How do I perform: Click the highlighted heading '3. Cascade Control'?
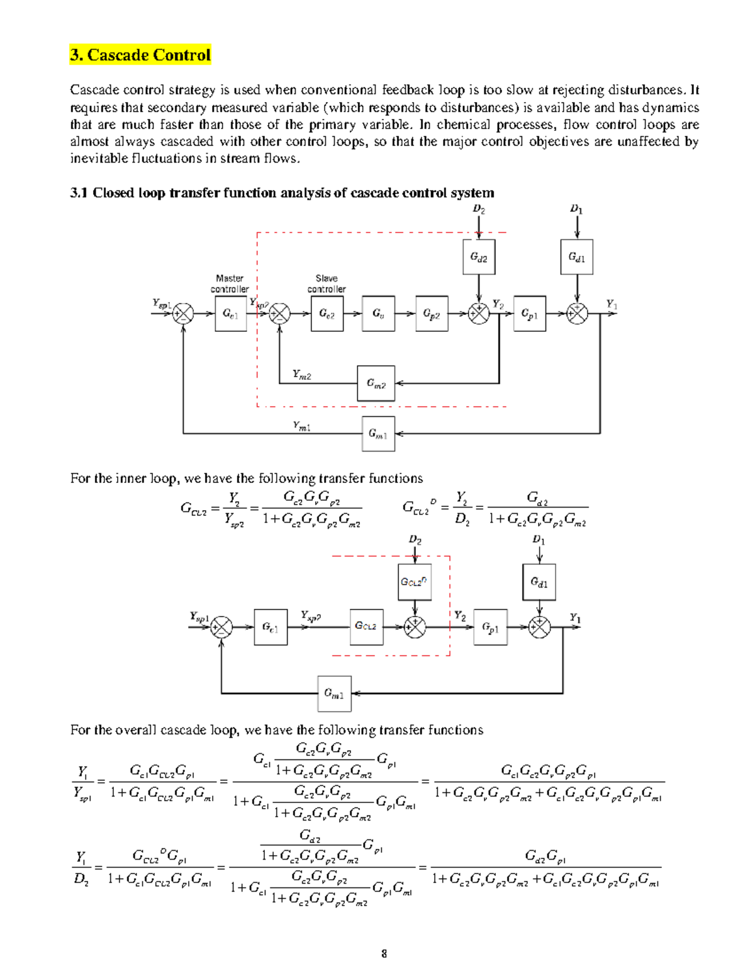[x=140, y=55]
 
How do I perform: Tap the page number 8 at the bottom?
[x=384, y=953]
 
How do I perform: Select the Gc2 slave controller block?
[x=327, y=314]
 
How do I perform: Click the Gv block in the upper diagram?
[x=379, y=314]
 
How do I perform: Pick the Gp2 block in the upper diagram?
[x=432, y=314]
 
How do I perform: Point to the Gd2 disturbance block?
[x=479, y=257]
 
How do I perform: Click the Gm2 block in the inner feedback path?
[x=376, y=383]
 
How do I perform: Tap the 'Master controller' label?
[x=230, y=283]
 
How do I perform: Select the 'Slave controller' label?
[x=327, y=283]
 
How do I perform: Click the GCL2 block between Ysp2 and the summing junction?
[x=366, y=627]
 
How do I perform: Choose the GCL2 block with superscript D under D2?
[x=414, y=582]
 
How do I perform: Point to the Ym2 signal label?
[x=302, y=375]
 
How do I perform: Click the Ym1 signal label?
[x=302, y=426]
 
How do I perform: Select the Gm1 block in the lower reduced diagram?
[x=334, y=694]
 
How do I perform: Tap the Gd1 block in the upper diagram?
[x=577, y=257]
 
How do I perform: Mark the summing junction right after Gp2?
[x=479, y=314]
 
